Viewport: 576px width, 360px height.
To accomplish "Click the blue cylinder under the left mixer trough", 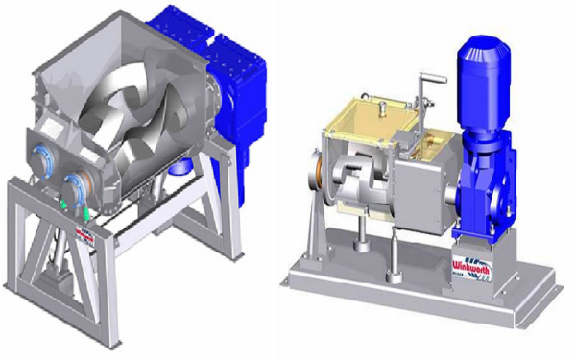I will click(178, 167).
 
